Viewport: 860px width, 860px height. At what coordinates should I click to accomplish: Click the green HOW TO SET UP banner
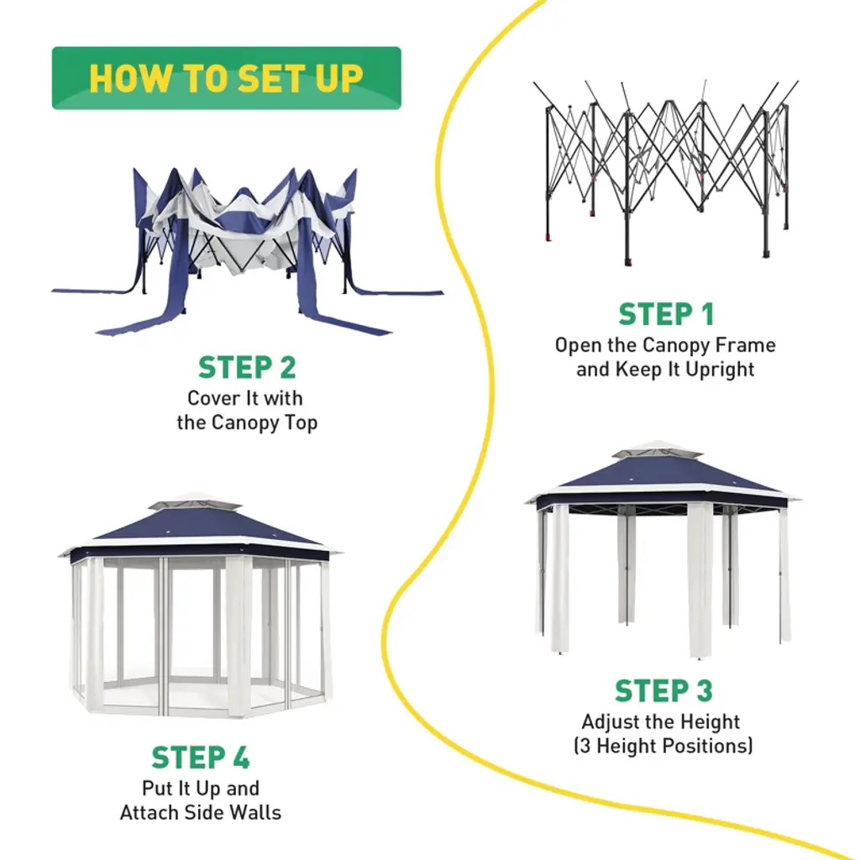pyautogui.click(x=226, y=78)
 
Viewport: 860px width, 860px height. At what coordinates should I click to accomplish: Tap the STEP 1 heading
pyautogui.click(x=666, y=315)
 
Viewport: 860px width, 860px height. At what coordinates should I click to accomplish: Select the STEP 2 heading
pyautogui.click(x=247, y=368)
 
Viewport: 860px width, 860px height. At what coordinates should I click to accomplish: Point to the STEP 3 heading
pyautogui.click(x=663, y=691)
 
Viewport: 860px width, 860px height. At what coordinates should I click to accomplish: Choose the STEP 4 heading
pyautogui.click(x=201, y=758)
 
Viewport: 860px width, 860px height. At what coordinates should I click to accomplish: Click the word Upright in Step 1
pyautogui.click(x=720, y=370)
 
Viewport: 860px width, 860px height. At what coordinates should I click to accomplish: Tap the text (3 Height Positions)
pyautogui.click(x=663, y=745)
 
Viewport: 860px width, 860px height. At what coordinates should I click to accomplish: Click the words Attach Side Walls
pyautogui.click(x=201, y=812)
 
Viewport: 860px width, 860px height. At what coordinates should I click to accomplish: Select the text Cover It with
pyautogui.click(x=245, y=398)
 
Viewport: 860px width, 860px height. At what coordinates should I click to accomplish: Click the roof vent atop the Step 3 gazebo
pyautogui.click(x=658, y=451)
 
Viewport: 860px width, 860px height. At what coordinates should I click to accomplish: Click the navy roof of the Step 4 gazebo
pyautogui.click(x=200, y=526)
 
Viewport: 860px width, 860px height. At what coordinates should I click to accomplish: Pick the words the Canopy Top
pyautogui.click(x=247, y=422)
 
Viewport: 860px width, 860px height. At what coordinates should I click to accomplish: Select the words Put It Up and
pyautogui.click(x=201, y=789)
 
